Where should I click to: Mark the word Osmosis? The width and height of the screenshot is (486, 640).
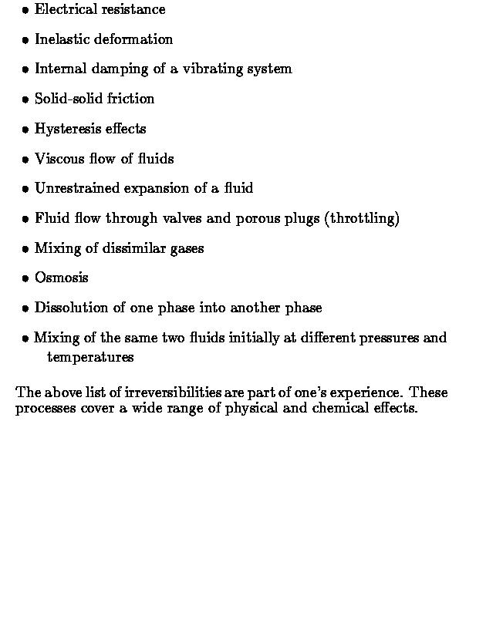tap(62, 278)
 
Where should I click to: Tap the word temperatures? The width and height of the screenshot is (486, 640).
tap(90, 358)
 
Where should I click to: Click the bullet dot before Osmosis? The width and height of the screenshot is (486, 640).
tap(25, 278)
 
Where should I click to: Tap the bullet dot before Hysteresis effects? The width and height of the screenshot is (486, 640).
tap(25, 130)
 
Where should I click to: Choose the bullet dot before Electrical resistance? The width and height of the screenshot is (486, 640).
tap(25, 11)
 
